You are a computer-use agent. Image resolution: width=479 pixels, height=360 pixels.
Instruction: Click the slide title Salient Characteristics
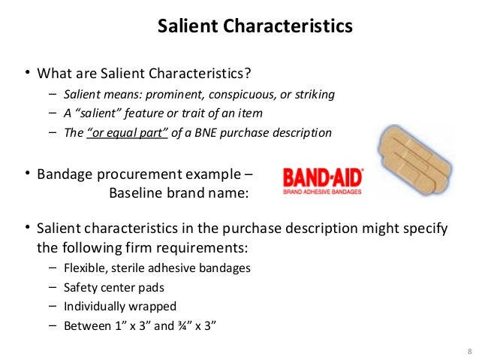(x=255, y=27)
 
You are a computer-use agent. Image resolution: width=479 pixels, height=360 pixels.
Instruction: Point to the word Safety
(x=80, y=287)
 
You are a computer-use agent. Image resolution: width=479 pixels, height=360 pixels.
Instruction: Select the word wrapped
(x=153, y=307)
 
